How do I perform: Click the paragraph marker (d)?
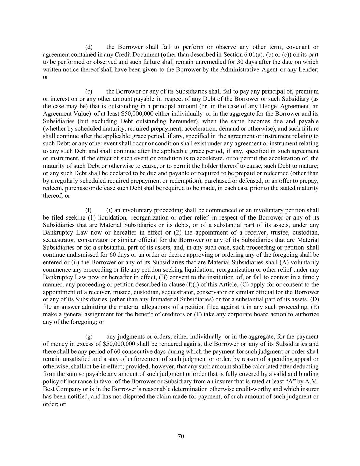89,47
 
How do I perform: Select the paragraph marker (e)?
89,91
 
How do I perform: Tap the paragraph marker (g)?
89,337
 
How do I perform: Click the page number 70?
181,436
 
